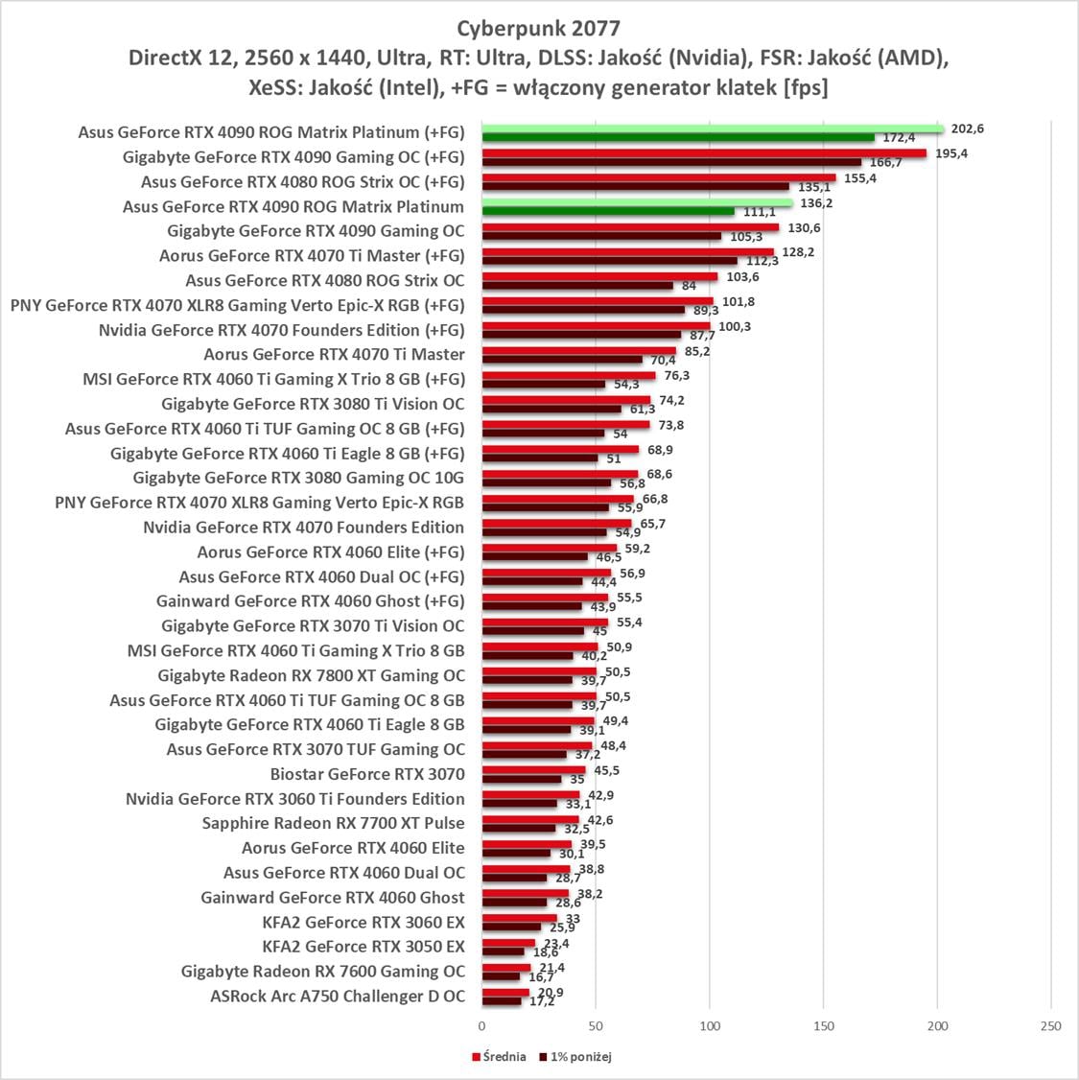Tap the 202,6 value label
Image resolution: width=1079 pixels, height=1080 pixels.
(965, 129)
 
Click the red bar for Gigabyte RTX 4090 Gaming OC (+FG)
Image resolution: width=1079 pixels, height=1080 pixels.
(704, 153)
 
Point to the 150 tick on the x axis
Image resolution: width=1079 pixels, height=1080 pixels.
(824, 1026)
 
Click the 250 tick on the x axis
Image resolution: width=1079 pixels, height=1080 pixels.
(1051, 1026)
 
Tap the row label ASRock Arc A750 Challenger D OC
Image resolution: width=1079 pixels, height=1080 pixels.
(338, 997)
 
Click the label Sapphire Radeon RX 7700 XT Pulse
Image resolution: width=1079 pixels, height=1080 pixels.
(333, 823)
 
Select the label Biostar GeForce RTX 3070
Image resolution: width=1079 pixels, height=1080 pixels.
(367, 774)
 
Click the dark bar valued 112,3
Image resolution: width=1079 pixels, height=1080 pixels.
(609, 261)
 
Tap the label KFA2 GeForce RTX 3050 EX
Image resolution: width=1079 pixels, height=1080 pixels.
(363, 947)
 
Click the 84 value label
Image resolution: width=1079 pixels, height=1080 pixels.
(689, 286)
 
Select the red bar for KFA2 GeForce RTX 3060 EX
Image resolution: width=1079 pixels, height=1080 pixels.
(519, 918)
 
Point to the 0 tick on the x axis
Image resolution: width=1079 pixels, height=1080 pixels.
(482, 1026)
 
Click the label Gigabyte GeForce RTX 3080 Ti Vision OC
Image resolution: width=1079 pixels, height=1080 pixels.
(313, 404)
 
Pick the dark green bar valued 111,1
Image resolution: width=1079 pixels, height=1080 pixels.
(608, 211)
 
